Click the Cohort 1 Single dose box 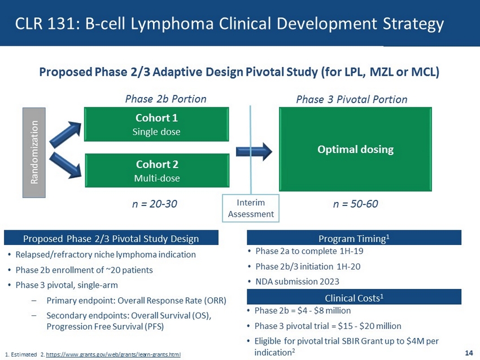pos(157,125)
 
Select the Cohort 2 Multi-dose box pos(157,170)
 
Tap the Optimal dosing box pos(355,150)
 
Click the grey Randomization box pos(33,150)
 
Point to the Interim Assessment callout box pos(251,208)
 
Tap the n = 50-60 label pos(355,204)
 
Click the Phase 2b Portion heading pos(165,99)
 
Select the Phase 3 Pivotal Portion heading pos(351,99)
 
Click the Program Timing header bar pos(354,238)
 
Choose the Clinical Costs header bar pos(354,297)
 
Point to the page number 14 pos(468,353)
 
